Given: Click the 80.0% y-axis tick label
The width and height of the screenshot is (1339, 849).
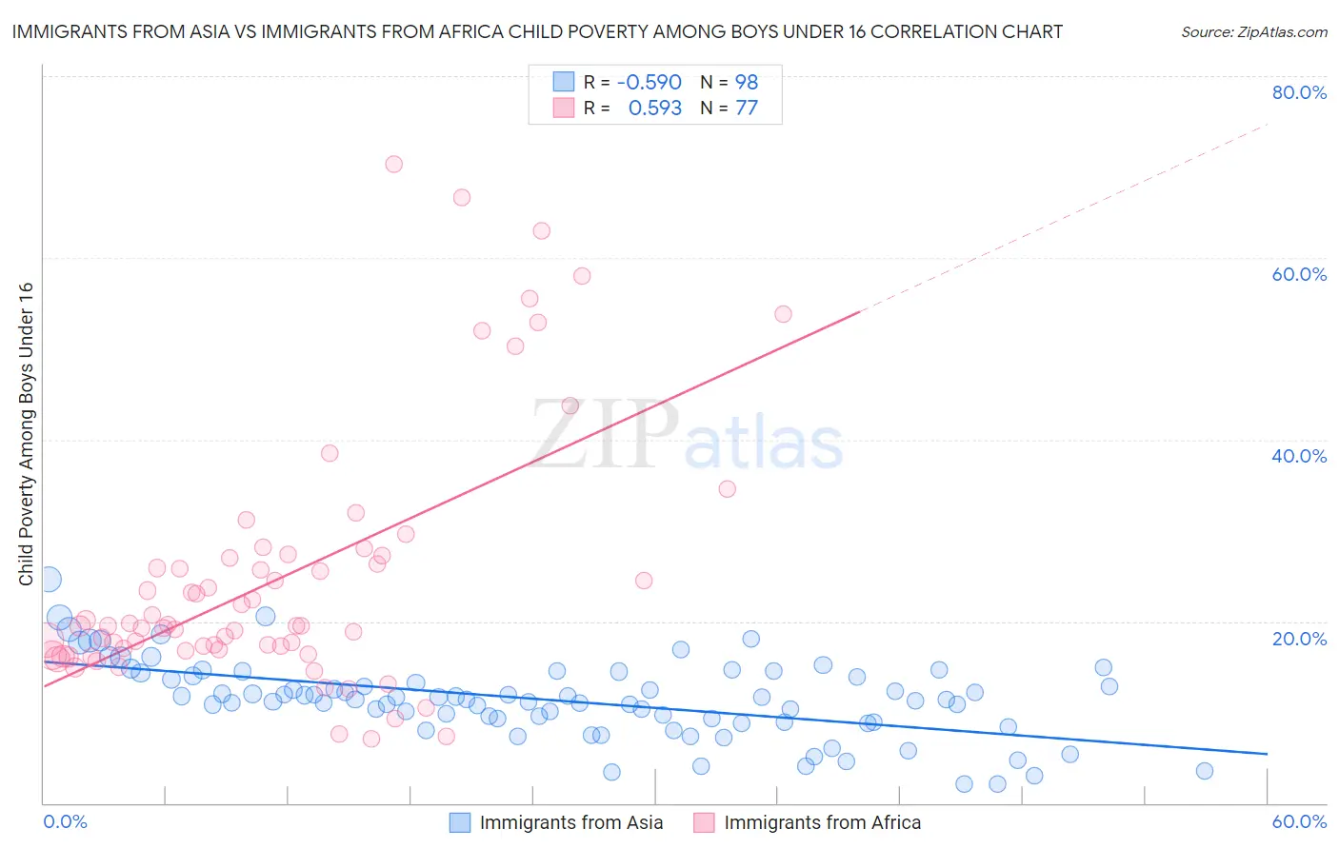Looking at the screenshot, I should coord(1299,92).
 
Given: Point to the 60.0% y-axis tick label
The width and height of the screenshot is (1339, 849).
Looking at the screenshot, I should coord(1299,274).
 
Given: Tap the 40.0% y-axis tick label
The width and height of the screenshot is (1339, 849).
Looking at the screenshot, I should coord(1299,456).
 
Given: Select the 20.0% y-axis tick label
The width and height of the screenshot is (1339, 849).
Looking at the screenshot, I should coord(1299,639).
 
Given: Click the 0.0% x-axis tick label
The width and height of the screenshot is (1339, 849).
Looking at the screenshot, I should coord(65,821).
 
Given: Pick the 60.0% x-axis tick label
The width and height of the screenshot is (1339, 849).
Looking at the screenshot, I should coord(1299,821).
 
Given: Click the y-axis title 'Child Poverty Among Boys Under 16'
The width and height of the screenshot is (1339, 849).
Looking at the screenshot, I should coord(26,434).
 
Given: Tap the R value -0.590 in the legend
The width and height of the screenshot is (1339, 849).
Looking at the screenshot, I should coord(649,83).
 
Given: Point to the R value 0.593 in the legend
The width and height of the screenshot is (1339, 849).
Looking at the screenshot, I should coord(654,109).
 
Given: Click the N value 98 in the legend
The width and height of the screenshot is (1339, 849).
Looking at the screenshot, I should coord(747,83).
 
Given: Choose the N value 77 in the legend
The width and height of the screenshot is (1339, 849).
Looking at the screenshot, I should coord(747,109).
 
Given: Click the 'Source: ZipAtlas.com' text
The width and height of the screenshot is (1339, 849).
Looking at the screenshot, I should coord(1253,32).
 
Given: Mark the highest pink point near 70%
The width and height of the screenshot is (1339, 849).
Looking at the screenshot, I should coord(393,164).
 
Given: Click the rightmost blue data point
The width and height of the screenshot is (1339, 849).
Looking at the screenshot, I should coord(1205,771).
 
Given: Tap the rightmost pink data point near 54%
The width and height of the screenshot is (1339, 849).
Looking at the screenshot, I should coord(783,314).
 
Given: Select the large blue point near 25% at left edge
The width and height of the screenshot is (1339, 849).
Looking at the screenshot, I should coord(48,579).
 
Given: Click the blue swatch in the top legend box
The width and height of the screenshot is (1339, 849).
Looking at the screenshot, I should coord(564,82).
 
